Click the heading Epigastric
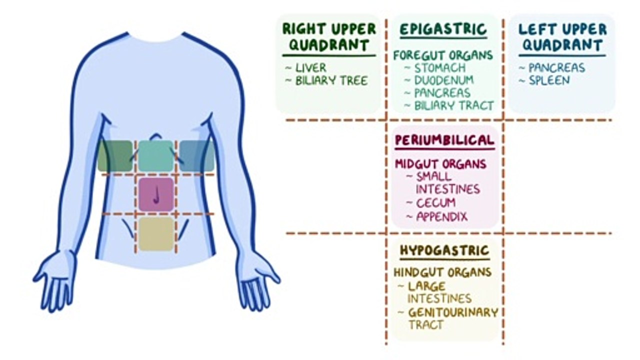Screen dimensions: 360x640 coord(443,29)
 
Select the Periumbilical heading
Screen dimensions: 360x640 coord(444,140)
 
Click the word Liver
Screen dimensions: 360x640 coord(310,67)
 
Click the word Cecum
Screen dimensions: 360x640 coord(435,203)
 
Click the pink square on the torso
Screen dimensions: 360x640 coord(156,194)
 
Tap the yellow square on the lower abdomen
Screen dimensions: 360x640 coord(156,233)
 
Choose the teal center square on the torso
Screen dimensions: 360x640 coord(156,156)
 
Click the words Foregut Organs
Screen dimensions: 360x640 coord(443,55)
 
